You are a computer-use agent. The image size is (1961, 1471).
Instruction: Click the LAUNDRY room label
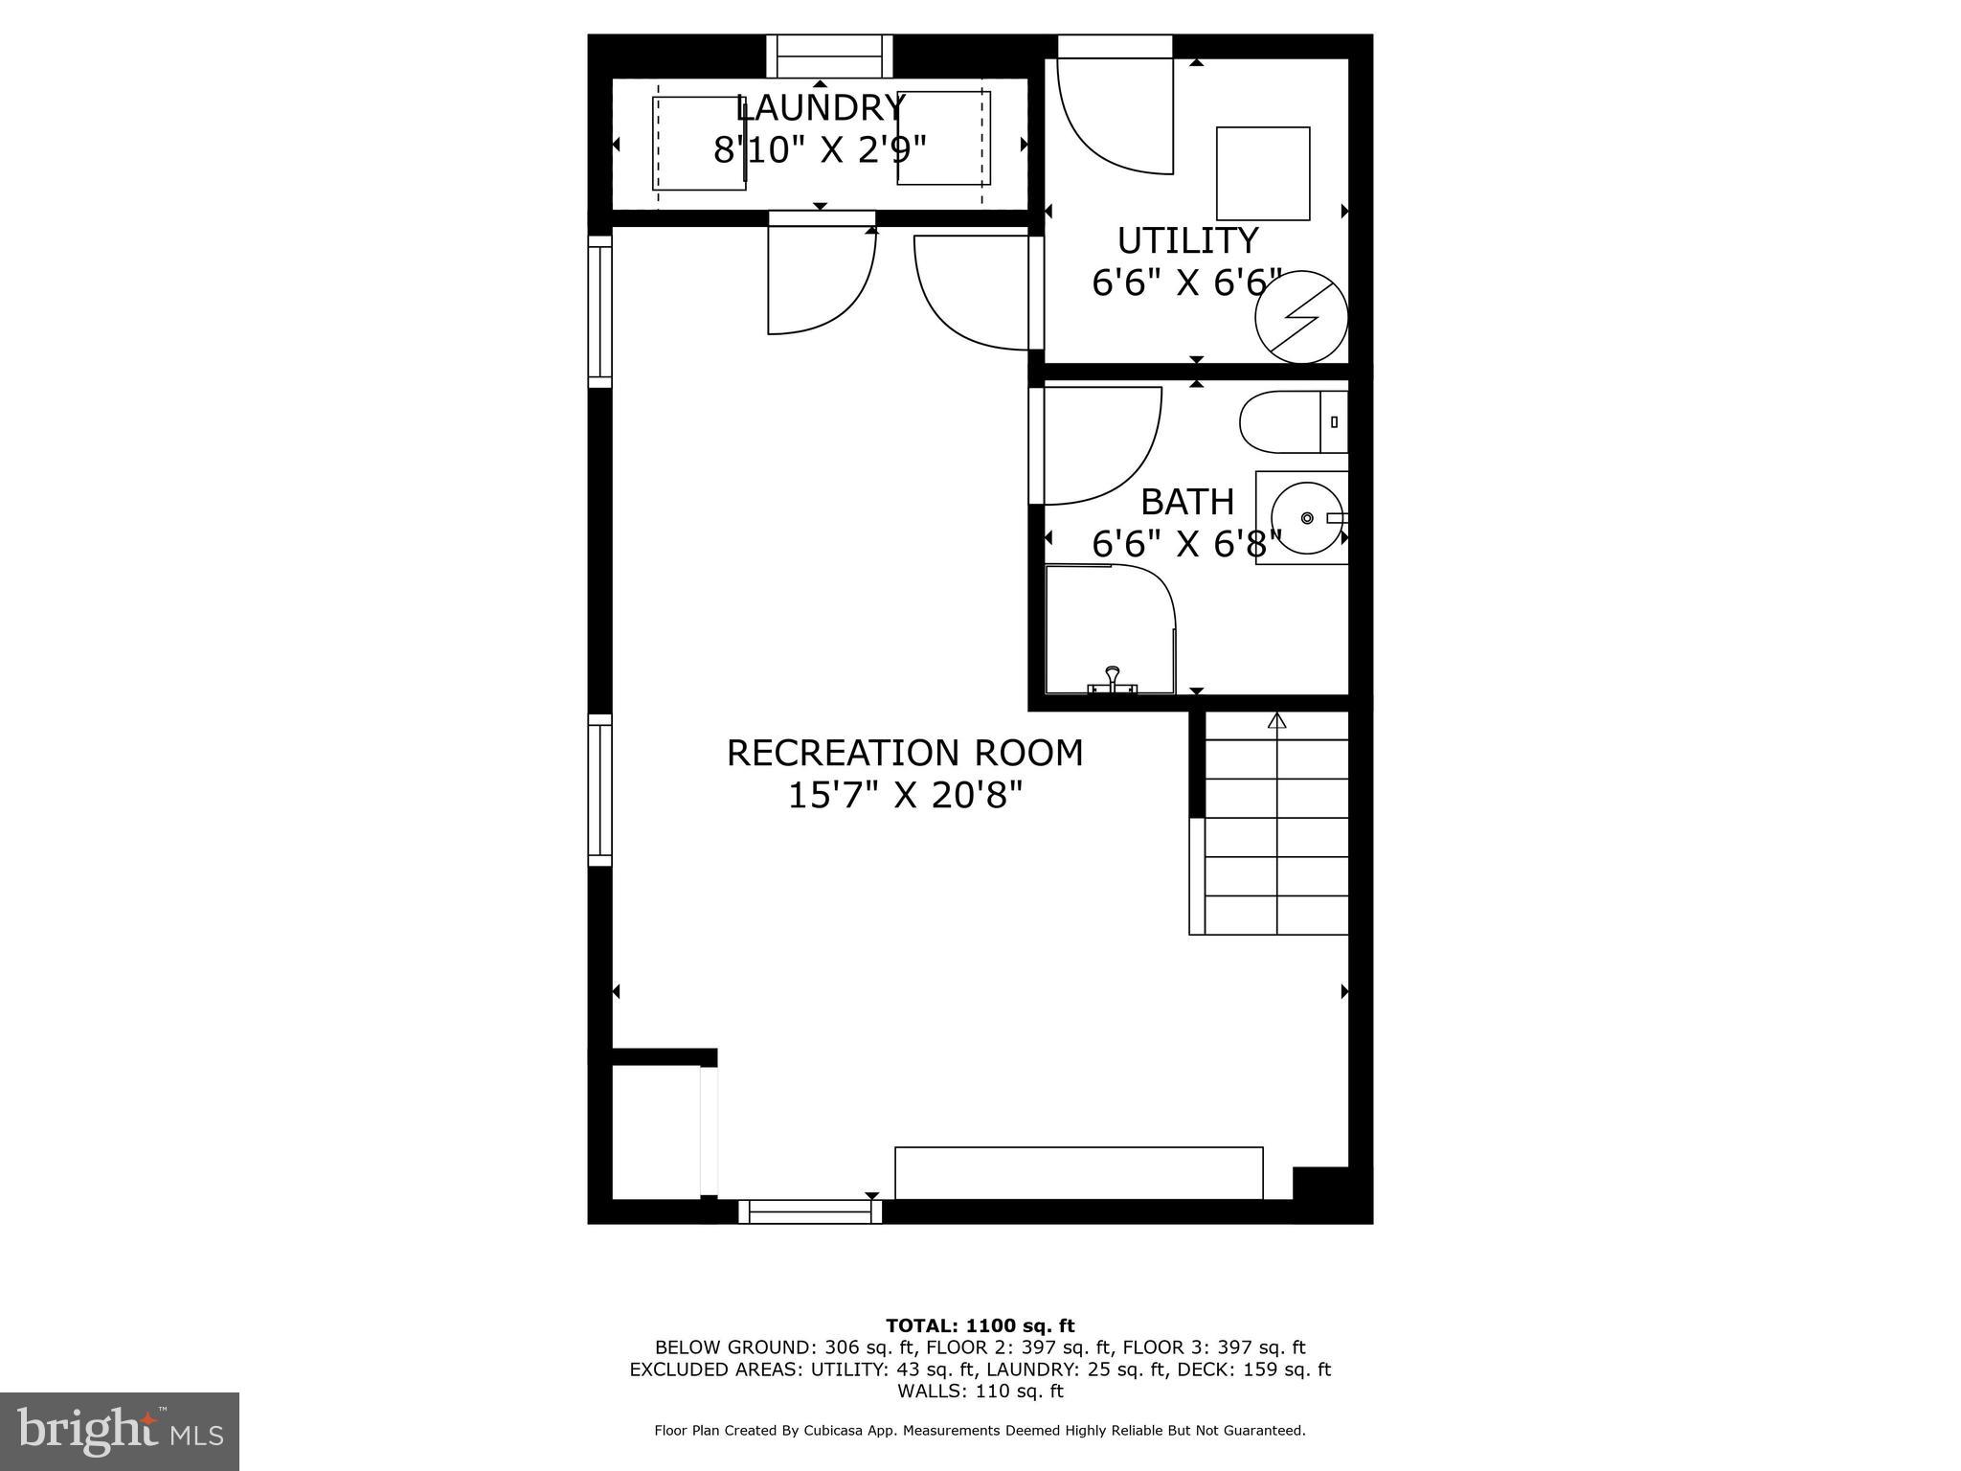click(820, 107)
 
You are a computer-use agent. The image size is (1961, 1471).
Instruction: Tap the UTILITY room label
click(1187, 239)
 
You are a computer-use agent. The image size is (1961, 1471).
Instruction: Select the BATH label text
click(1187, 502)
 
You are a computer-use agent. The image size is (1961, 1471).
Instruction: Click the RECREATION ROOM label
click(905, 753)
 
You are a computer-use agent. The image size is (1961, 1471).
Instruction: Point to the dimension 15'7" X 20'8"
click(905, 796)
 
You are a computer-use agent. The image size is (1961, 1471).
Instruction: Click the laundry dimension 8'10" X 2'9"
click(821, 150)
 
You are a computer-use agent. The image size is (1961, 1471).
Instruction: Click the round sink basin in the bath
click(1308, 518)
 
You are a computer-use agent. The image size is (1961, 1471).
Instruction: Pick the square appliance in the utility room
click(1263, 173)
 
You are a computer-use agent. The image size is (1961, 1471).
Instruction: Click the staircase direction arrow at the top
click(1276, 720)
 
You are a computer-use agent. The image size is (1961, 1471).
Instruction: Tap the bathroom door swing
click(1101, 445)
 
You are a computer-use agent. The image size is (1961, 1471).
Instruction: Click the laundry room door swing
click(821, 280)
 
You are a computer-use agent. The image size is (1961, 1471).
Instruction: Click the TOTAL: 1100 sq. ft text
click(980, 1325)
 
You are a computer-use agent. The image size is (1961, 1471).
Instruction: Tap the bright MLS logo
click(120, 1431)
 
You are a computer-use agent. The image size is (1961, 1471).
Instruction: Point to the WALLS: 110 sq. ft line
click(980, 1391)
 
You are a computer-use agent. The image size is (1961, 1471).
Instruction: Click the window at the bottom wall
click(810, 1211)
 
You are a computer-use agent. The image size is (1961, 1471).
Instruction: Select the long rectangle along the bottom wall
click(1079, 1173)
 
